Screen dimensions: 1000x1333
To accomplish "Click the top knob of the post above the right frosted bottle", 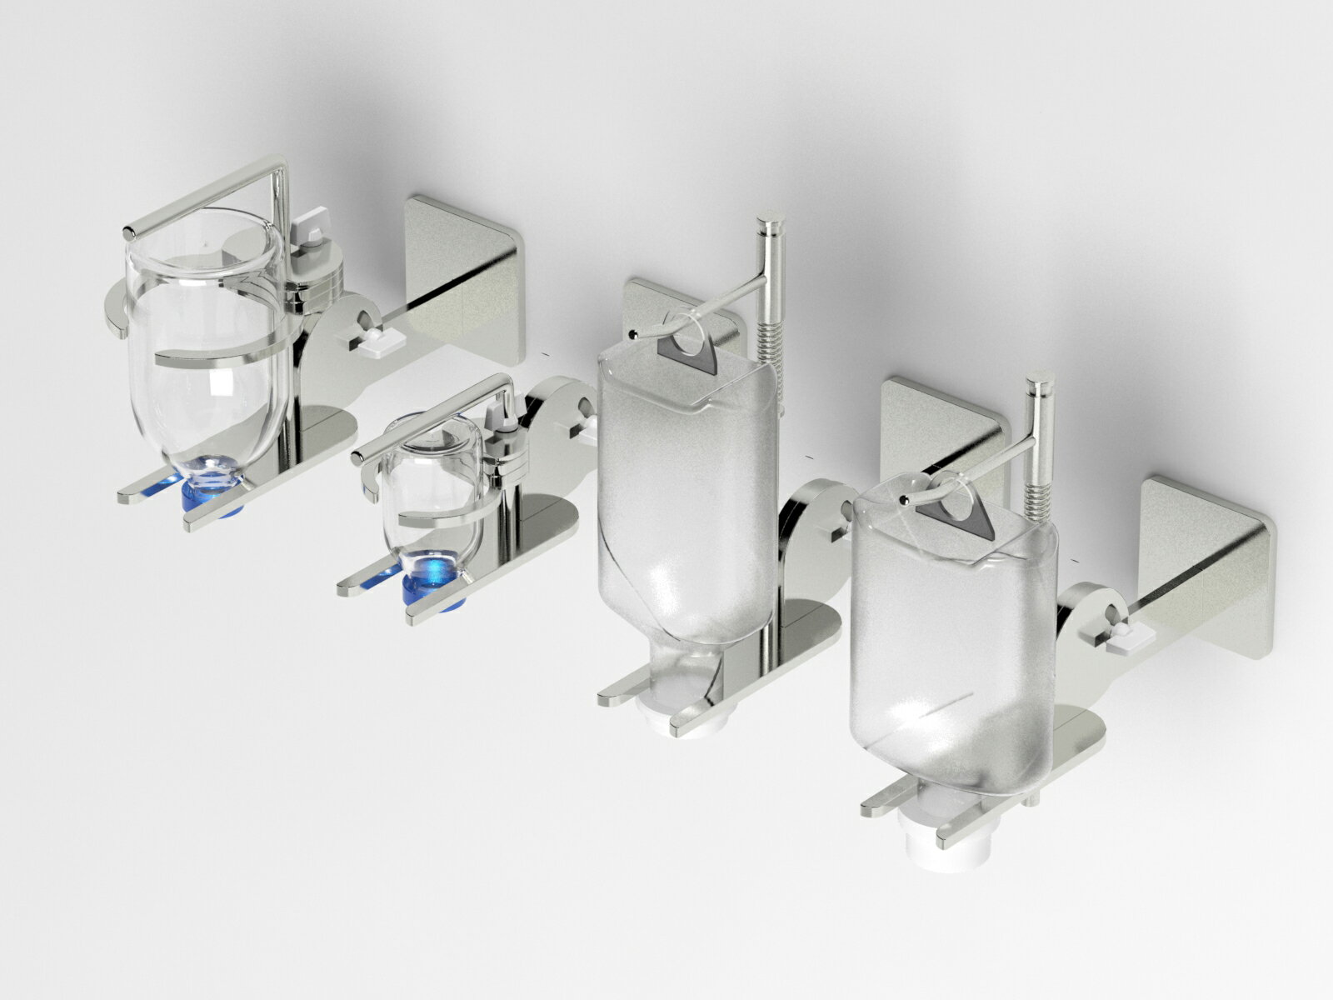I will pos(1040,387).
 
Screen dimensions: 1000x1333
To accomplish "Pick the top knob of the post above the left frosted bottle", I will pos(769,225).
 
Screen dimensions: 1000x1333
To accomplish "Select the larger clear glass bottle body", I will pos(208,350).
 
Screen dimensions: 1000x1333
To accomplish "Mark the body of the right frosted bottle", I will pos(950,650).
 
